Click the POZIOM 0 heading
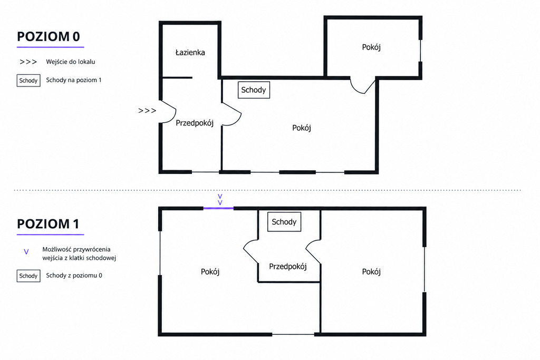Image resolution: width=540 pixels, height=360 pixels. tap(49, 36)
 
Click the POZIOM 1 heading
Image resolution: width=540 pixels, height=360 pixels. tap(48, 224)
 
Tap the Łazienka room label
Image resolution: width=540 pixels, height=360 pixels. tap(190, 52)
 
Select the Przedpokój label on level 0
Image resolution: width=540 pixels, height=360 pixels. tap(195, 123)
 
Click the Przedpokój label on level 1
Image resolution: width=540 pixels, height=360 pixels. tap(288, 266)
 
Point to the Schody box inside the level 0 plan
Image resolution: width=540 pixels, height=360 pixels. tap(254, 90)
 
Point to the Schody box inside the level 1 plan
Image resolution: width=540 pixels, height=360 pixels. tap(284, 222)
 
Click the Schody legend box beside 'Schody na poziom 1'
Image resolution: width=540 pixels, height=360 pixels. tap(28, 81)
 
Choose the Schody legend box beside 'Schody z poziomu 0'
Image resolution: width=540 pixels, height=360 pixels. tap(28, 276)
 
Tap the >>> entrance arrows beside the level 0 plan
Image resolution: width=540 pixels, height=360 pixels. tap(147, 111)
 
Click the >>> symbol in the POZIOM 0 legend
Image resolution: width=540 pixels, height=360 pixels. tap(28, 62)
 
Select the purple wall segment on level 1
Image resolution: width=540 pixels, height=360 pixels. tap(218, 208)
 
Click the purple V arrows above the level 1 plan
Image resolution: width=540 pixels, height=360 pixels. tap(220, 200)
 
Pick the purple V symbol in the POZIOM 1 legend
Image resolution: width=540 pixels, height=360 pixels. tap(26, 252)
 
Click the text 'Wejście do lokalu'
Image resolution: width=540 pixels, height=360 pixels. tap(71, 62)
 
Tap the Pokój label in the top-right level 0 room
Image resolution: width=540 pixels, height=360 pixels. tap(371, 47)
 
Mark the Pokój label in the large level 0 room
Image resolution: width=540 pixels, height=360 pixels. tap(302, 128)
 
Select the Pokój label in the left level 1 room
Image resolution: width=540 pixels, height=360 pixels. tap(210, 272)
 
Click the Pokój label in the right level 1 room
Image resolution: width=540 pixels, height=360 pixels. tap(371, 272)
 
